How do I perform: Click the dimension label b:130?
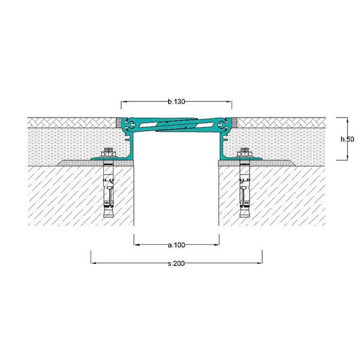tap(176, 101)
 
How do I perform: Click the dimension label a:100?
tap(176, 245)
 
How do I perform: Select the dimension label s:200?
tap(176, 263)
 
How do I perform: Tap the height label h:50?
tap(347, 139)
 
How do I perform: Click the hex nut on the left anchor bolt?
tap(109, 152)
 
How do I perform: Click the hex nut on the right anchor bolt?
tap(245, 152)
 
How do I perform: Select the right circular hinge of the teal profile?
tap(221, 125)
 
